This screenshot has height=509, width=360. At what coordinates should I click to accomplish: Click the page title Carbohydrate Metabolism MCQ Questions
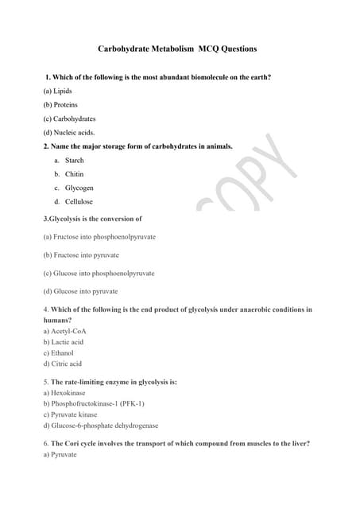tap(177, 49)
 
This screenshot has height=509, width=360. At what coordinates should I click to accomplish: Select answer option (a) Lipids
tap(58, 91)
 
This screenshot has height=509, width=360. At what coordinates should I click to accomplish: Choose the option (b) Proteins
tap(61, 104)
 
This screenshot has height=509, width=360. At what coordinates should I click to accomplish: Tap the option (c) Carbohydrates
tap(69, 119)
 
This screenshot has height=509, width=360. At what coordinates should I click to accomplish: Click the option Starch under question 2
tap(74, 161)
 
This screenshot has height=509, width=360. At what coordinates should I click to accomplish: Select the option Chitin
tap(74, 174)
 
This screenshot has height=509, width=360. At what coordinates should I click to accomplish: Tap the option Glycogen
tap(79, 188)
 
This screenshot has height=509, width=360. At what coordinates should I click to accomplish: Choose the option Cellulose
tap(79, 202)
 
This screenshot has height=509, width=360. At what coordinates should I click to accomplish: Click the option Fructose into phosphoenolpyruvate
tap(99, 237)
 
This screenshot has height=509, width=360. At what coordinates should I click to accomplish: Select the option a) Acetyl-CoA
tap(65, 331)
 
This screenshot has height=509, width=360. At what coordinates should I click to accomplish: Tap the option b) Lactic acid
tap(64, 342)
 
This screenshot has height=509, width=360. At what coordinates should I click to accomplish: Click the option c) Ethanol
tap(58, 353)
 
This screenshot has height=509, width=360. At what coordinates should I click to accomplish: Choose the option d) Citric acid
tap(63, 364)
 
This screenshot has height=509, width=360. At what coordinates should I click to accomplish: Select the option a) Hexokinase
tap(64, 393)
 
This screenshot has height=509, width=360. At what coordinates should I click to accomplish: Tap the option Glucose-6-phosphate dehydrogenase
tap(100, 425)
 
